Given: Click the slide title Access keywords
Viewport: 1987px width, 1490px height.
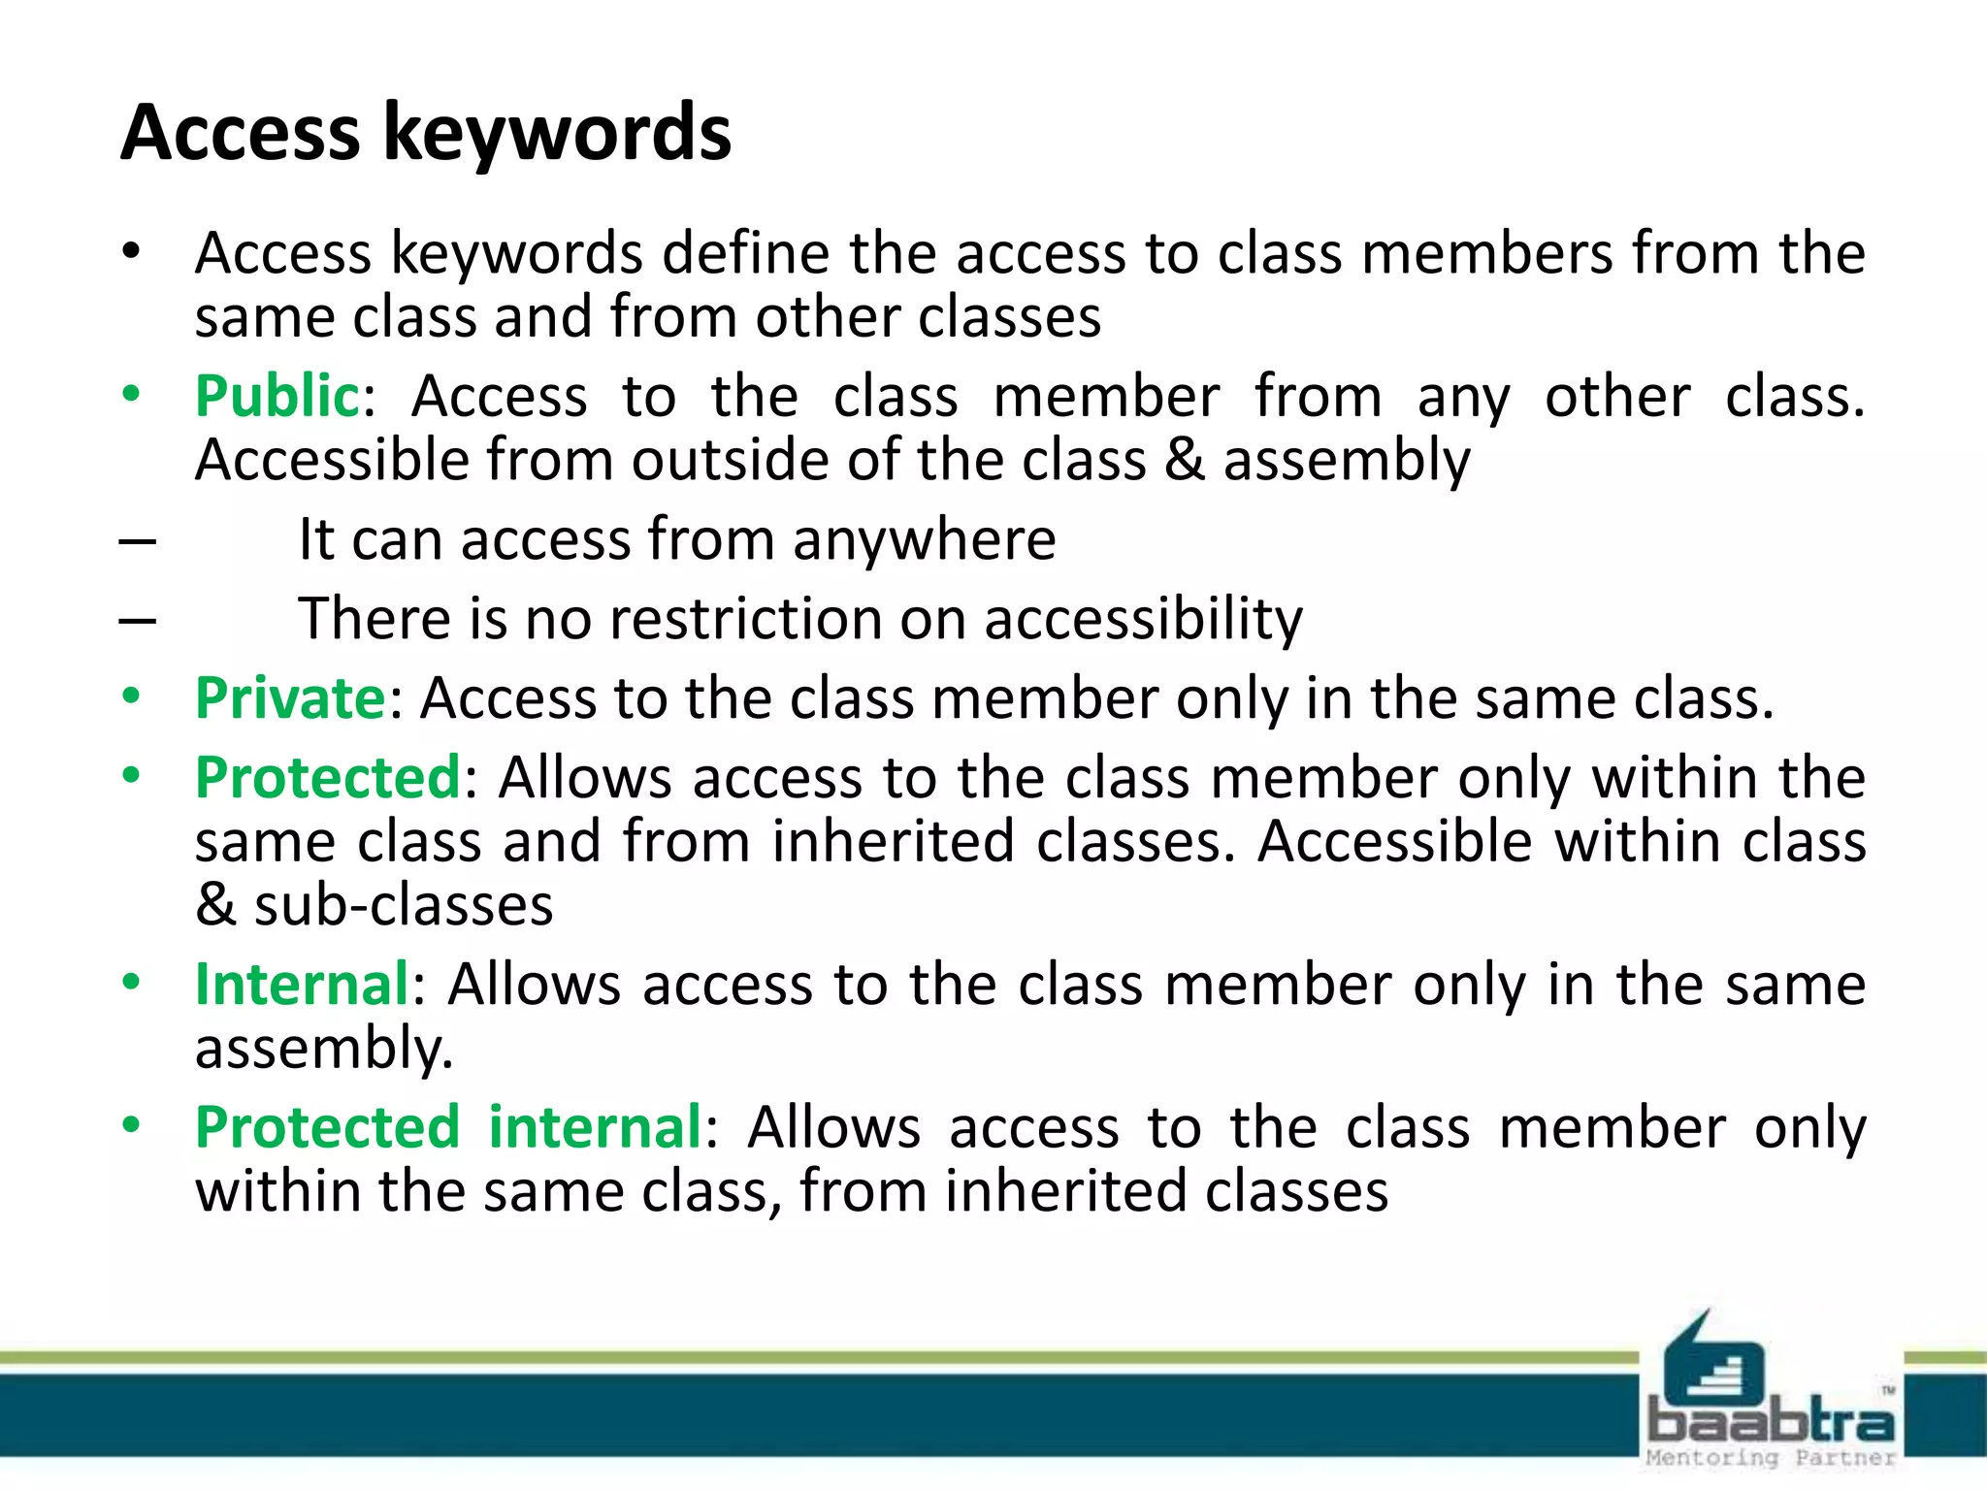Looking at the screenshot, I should [x=426, y=133].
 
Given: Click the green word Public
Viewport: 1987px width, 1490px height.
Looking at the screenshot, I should [x=277, y=397].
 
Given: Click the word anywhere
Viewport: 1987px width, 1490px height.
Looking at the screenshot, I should [x=924, y=540].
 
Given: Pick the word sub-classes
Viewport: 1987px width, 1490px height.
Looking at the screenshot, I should [x=404, y=905].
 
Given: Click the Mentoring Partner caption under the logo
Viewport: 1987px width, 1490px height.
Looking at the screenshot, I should [x=1772, y=1458].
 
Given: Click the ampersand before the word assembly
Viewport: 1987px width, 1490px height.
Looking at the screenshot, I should [x=1185, y=459].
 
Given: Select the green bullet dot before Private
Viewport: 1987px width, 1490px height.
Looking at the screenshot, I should [x=132, y=696].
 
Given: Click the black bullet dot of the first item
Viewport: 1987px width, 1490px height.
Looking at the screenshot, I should [x=132, y=252].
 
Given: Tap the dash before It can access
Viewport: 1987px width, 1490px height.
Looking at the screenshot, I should [x=138, y=541].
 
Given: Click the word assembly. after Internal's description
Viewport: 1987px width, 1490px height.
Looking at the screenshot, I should [x=324, y=1050].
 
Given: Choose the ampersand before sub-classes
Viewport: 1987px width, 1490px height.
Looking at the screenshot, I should [x=215, y=905].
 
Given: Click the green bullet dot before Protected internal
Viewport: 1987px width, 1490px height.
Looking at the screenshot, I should [x=132, y=1125].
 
